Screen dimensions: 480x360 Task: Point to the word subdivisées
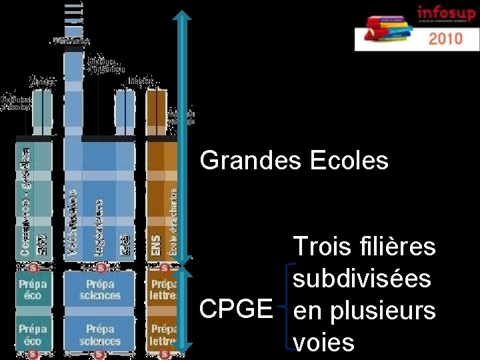tap(362, 278)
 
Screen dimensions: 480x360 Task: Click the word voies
tap(324, 343)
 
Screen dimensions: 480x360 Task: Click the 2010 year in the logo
tap(445, 38)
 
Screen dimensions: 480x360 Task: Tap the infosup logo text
tap(445, 13)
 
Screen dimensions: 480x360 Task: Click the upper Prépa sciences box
tap(100, 290)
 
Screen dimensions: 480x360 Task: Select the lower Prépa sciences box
tap(100, 335)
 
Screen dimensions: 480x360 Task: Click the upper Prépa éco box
tap(33, 290)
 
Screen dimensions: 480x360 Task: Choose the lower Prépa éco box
tap(33, 335)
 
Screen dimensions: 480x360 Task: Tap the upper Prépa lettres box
tap(162, 290)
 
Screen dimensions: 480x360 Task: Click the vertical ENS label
tap(156, 242)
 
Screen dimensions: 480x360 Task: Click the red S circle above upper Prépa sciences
tap(101, 269)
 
